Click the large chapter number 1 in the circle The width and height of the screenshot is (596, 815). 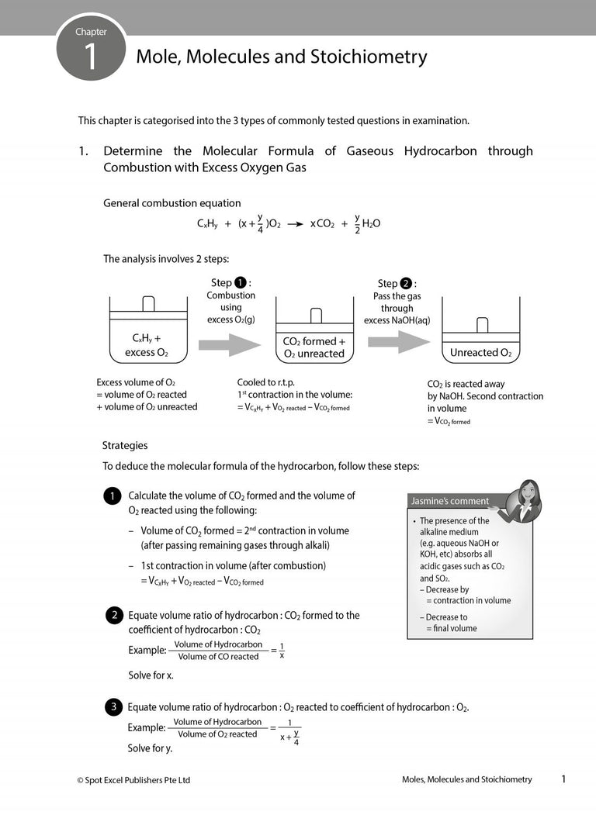pyautogui.click(x=91, y=58)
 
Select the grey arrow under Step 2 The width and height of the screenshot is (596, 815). pyautogui.click(x=398, y=342)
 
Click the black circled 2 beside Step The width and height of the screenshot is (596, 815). pyautogui.click(x=407, y=284)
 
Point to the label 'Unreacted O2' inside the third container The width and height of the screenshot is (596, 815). pyautogui.click(x=480, y=353)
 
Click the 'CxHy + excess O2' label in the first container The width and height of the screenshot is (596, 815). pyautogui.click(x=147, y=346)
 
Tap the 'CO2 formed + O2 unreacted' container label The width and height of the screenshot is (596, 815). pyautogui.click(x=314, y=347)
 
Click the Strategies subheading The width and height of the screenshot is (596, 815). pyautogui.click(x=125, y=446)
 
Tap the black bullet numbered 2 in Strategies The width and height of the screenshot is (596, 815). pyautogui.click(x=113, y=616)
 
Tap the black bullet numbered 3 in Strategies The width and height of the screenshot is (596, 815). pyautogui.click(x=113, y=707)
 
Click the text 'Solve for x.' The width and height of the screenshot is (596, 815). pyautogui.click(x=151, y=675)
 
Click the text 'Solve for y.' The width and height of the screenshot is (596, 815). pyautogui.click(x=150, y=748)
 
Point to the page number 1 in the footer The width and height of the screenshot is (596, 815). pyautogui.click(x=563, y=779)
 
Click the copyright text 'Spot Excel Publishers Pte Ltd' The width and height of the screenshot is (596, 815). pyautogui.click(x=137, y=780)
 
